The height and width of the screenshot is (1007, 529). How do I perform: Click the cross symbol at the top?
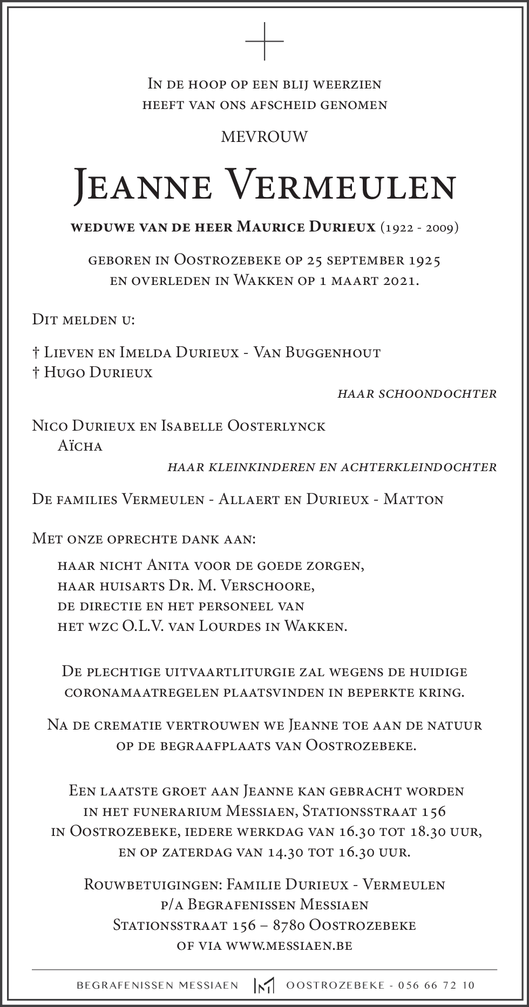tap(264, 42)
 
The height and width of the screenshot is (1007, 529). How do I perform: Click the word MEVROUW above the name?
tap(264, 137)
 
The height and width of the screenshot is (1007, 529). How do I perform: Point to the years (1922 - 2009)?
tap(419, 228)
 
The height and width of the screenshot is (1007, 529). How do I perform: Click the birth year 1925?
tap(424, 261)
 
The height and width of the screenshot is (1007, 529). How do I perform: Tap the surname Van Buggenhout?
tap(317, 353)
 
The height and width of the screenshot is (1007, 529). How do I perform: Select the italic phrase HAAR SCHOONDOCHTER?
tap(417, 394)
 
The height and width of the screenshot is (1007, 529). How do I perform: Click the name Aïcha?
tap(80, 446)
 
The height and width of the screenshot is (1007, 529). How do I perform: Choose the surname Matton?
tap(413, 499)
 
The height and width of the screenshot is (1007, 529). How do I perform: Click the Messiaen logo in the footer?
tap(264, 985)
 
